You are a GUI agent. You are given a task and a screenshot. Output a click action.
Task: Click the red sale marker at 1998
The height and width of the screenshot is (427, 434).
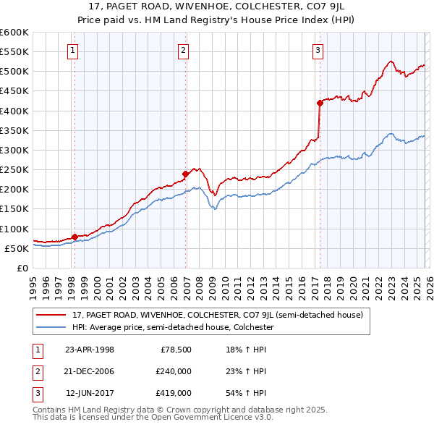[75, 237]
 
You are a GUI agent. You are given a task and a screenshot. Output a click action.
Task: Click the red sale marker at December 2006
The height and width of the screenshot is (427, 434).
[185, 174]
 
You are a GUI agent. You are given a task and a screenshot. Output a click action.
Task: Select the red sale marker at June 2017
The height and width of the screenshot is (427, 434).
[319, 103]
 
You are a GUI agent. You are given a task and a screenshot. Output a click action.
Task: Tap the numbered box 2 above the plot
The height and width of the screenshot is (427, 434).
[184, 50]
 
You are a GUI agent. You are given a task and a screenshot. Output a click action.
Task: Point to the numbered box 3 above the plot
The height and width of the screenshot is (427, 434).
[318, 50]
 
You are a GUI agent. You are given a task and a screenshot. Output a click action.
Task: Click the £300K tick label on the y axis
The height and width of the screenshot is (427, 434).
[14, 150]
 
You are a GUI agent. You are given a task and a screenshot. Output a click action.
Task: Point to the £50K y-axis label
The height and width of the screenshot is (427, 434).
[17, 248]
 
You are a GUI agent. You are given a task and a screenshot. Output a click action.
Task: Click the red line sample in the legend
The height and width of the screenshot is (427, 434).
[52, 315]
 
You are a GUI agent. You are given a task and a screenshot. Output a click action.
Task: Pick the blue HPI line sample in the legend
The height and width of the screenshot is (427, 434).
[52, 327]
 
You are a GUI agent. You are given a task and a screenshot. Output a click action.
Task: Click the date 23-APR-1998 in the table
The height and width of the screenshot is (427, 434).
[90, 350]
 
